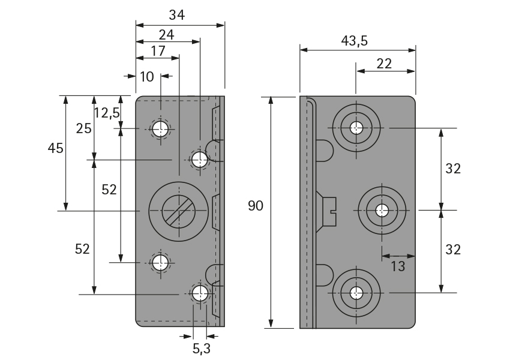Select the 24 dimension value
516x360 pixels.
point(166,35)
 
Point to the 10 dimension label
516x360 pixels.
point(147,76)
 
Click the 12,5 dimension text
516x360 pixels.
point(107,112)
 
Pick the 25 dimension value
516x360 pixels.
point(83,127)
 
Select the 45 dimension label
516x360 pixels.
point(56,148)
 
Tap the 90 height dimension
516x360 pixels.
point(256,206)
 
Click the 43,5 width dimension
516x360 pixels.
point(354,41)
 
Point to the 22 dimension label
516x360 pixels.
point(384,64)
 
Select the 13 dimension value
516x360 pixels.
point(398,266)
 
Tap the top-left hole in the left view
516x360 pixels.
point(160,128)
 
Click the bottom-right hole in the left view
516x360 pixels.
point(200,293)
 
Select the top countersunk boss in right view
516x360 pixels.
point(357,128)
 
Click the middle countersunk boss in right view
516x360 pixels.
point(382,211)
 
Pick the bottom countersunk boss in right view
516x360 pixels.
point(357,293)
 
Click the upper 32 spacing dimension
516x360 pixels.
point(452,169)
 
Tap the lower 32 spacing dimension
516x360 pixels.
point(452,250)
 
